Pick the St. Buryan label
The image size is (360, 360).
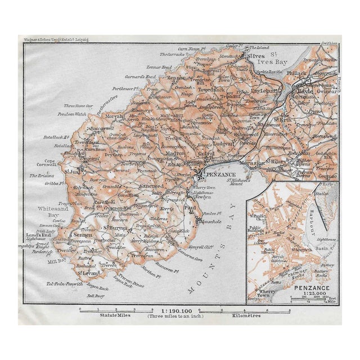(x=114, y=227)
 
